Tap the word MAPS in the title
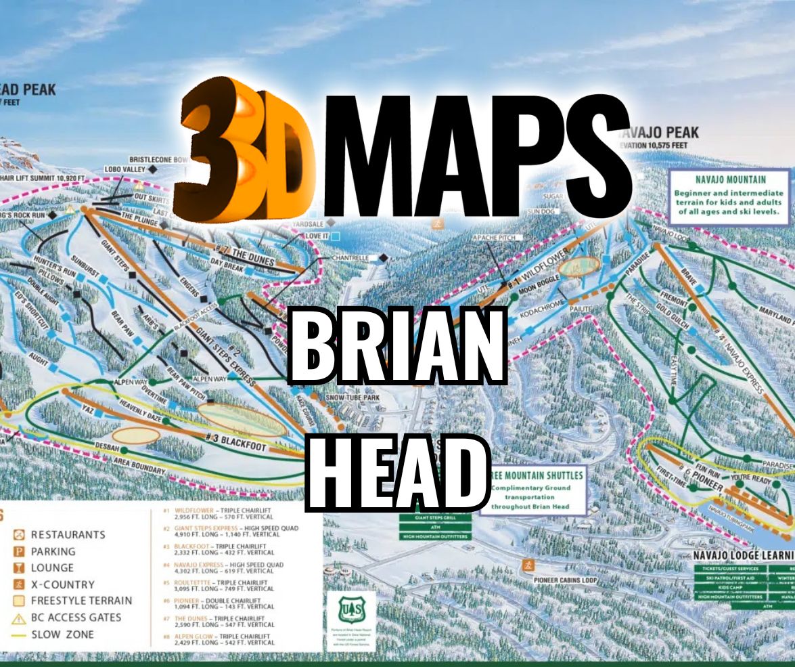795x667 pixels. click(x=474, y=156)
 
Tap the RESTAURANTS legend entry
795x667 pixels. click(x=68, y=535)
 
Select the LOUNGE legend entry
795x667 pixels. click(x=51, y=568)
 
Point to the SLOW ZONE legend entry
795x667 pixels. click(x=62, y=634)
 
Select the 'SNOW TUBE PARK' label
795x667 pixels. click(x=353, y=398)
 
